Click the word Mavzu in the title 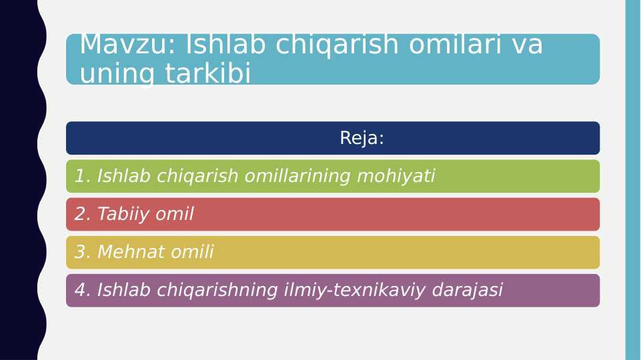[127, 45]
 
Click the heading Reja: [362, 138]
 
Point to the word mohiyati [396, 177]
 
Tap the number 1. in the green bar [83, 177]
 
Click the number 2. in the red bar [83, 215]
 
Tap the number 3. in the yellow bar [83, 253]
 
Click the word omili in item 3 [192, 253]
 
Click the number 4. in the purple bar [83, 291]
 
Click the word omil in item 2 [176, 215]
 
